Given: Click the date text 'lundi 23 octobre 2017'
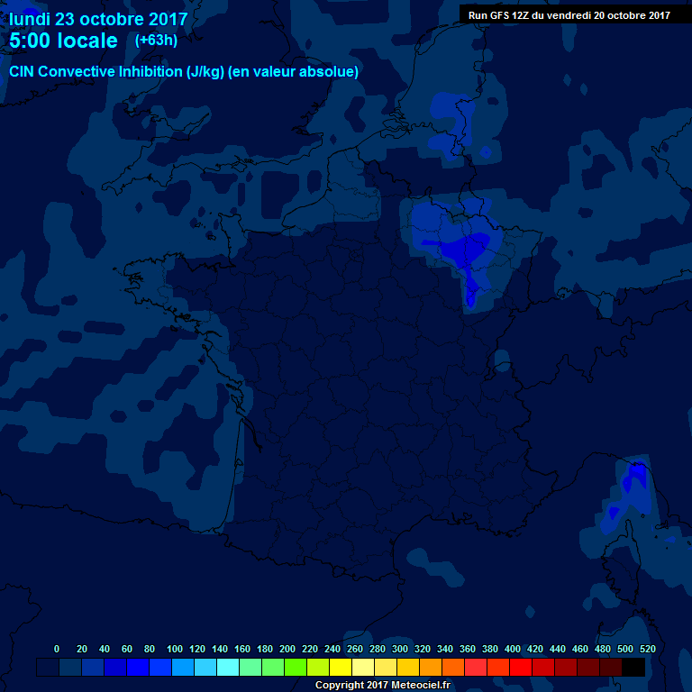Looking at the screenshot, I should tap(98, 18).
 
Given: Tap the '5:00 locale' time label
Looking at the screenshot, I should tap(63, 41).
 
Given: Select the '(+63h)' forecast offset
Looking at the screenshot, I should tap(157, 41).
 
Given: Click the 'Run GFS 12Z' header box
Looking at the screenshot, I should tap(569, 14).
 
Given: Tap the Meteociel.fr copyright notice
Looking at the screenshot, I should tap(382, 685).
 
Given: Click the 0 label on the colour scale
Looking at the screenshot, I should tap(57, 649).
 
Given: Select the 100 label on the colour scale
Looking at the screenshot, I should tap(175, 649).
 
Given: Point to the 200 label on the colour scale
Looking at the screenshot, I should tap(287, 649).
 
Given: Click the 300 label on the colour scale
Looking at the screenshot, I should tap(400, 649).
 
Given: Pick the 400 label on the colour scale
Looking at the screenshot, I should tap(513, 649).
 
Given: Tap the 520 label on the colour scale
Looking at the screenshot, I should tap(647, 649).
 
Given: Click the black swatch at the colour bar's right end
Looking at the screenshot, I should tap(633, 667).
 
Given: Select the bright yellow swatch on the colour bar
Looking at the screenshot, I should tap(341, 667).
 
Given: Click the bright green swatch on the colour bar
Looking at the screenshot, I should tap(296, 667).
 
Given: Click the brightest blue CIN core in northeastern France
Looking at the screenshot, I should tap(471, 248).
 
